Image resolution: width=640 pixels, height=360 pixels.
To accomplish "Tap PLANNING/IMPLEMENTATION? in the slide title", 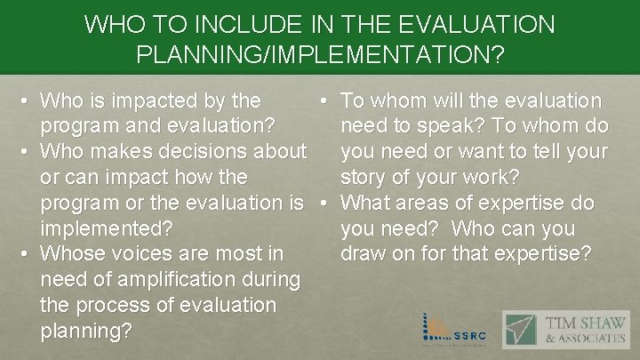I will coord(320,55).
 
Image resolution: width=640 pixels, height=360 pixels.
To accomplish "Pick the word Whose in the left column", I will coord(75,254).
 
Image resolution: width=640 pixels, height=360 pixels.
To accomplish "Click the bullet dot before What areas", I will coord(326,203).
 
